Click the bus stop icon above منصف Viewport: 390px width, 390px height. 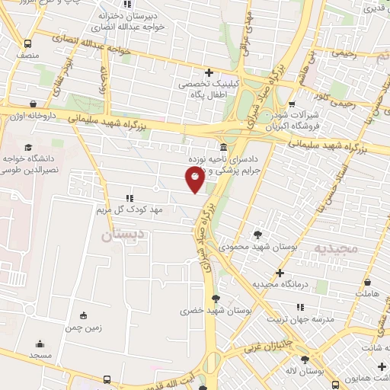point(28,43)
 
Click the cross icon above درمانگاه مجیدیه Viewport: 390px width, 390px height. point(280,273)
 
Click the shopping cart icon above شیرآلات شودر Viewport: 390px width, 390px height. point(292,93)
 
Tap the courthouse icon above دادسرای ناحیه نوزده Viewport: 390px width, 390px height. point(222,147)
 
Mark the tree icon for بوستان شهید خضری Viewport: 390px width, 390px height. point(216,298)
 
